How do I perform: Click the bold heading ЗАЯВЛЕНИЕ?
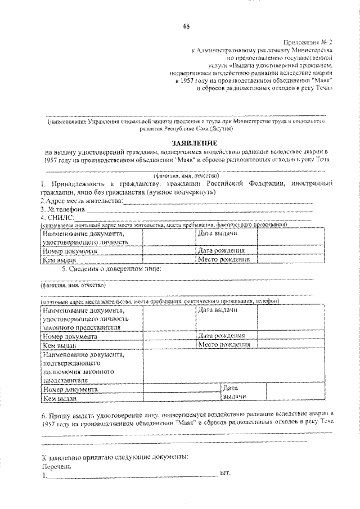pos(186,144)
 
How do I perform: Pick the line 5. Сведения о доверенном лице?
pos(112,268)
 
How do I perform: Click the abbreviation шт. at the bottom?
pos(227,475)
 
